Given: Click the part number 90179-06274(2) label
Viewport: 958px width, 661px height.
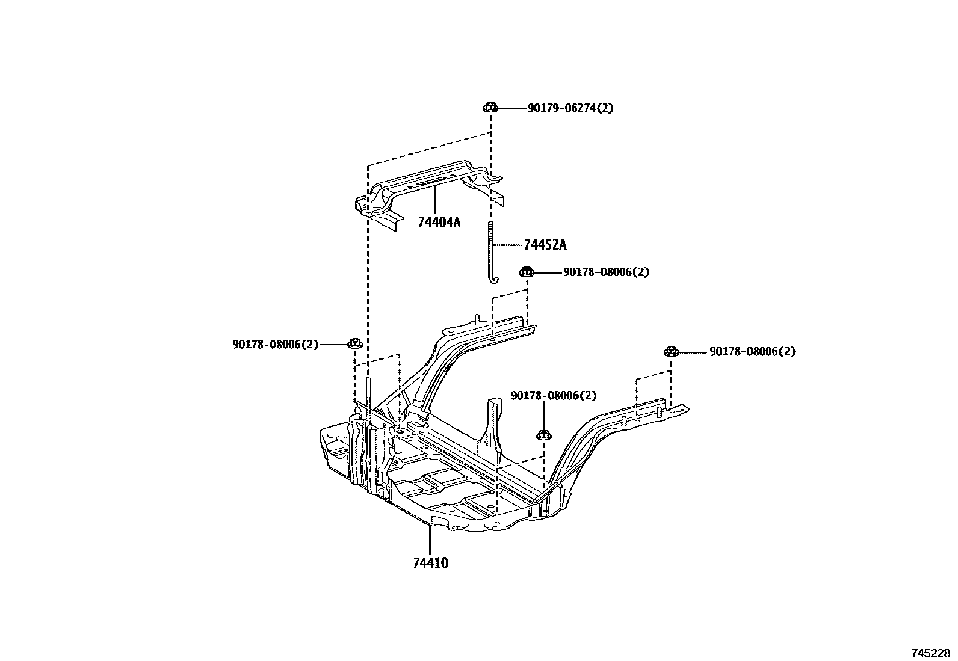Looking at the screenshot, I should coord(570,108).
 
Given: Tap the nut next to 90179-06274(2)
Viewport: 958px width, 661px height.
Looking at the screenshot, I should coord(490,108).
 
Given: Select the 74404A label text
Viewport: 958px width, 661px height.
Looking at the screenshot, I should coord(439,223).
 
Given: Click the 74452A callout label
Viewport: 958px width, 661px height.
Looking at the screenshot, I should coord(545,245).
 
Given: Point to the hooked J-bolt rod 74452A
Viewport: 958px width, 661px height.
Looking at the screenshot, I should coord(492,253).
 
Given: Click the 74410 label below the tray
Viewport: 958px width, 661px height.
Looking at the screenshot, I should coord(430,564).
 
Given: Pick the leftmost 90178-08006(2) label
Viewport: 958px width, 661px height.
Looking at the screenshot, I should coord(275,345).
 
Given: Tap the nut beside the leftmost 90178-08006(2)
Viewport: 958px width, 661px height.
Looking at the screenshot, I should coord(355,344).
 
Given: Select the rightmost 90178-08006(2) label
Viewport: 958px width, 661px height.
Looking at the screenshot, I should coord(752,351).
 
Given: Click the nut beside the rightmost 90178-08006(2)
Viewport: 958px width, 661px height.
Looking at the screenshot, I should coord(671,351).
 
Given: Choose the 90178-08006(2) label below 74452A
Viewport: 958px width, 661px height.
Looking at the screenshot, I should coord(606,272).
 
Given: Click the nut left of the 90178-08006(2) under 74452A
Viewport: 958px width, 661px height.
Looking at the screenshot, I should coord(526,272).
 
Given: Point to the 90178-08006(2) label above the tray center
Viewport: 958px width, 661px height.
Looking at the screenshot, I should coord(554,395).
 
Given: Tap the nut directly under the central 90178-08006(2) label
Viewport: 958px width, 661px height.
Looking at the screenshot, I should coord(543,434).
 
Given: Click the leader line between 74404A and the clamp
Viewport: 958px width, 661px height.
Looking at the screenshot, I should coord(434,201).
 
